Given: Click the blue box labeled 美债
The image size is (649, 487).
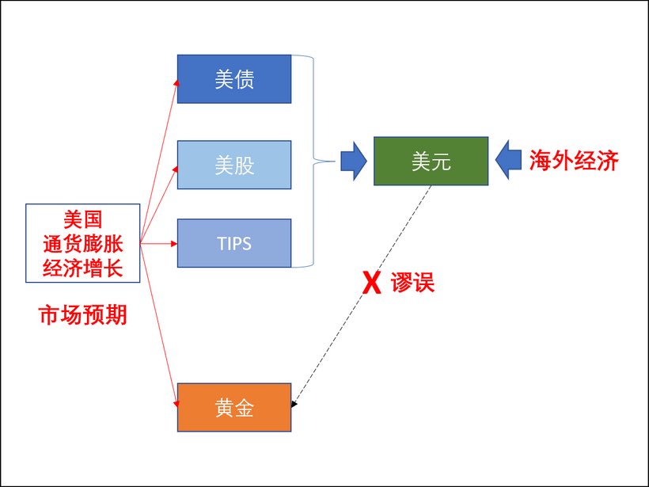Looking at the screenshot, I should pos(234,79).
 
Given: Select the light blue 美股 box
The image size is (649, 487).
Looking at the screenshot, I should pos(234,165).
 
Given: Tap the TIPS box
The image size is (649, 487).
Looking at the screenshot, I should pos(234,243).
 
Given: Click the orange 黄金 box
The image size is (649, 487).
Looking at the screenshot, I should pos(234,408).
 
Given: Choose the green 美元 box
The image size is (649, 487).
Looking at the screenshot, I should pos(431,162).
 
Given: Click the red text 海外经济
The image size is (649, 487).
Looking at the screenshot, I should pos(573,161).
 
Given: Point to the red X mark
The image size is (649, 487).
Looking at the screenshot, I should pos(368,283).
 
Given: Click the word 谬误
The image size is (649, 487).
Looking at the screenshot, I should pos(412,283).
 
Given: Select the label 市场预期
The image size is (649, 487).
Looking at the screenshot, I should pos(83,315).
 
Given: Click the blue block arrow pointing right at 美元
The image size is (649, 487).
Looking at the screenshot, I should pos(354,162).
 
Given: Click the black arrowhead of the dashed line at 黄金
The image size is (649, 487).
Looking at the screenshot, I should pos(294,405).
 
